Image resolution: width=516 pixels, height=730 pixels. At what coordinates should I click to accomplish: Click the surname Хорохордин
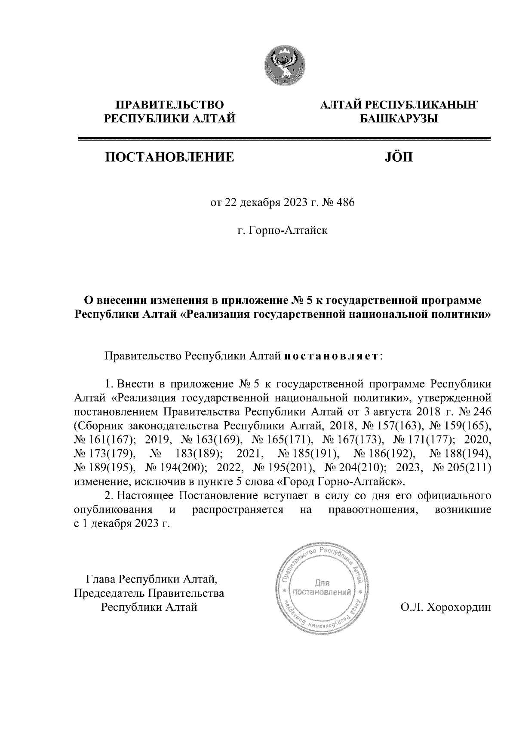pyautogui.click(x=457, y=607)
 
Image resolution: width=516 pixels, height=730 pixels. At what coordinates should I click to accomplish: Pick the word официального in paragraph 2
pyautogui.click(x=454, y=495)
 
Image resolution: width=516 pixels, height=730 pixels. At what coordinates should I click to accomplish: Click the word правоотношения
pyautogui.click(x=372, y=510)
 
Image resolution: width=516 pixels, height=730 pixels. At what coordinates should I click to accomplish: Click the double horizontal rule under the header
pyautogui.click(x=284, y=139)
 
